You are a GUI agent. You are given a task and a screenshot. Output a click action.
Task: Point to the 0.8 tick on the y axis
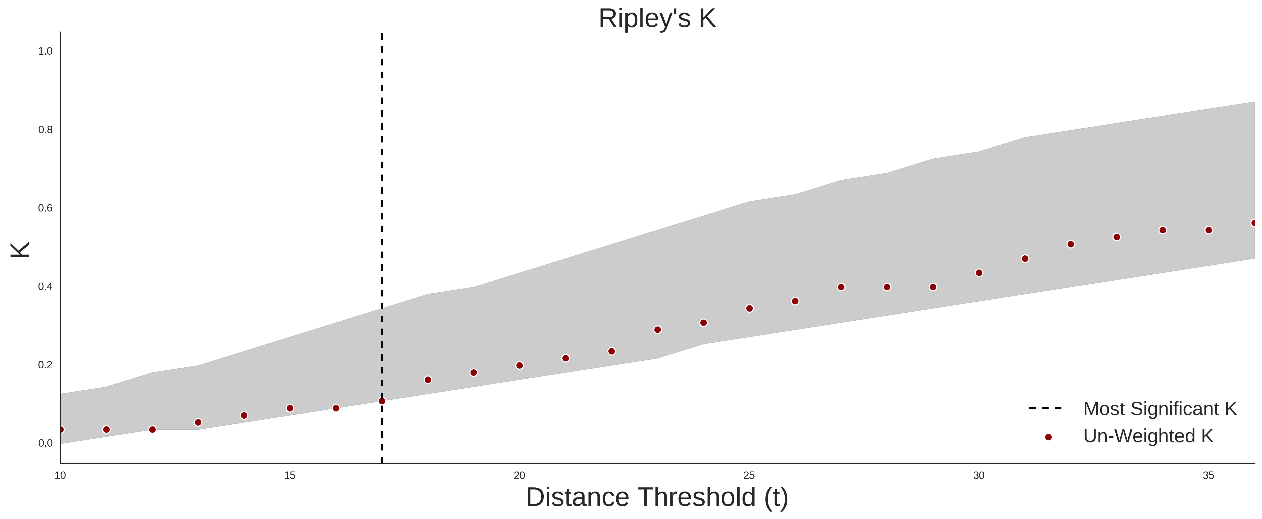click(45, 130)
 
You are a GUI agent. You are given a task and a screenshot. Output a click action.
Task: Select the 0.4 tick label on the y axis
click(45, 286)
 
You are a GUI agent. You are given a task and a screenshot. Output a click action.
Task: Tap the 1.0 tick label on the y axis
click(45, 51)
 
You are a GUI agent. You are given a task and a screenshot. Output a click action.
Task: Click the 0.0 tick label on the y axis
click(45, 443)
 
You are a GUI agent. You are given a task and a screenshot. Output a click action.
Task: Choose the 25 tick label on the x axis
click(749, 475)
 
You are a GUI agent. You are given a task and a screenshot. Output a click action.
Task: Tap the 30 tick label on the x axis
click(979, 475)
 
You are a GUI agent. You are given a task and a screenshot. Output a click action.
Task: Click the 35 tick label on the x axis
click(1209, 475)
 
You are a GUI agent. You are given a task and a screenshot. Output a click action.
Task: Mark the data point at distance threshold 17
click(382, 401)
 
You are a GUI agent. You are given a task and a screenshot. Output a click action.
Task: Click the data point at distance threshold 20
click(520, 365)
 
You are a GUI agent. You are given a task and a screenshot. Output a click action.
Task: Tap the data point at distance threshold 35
click(1209, 230)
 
